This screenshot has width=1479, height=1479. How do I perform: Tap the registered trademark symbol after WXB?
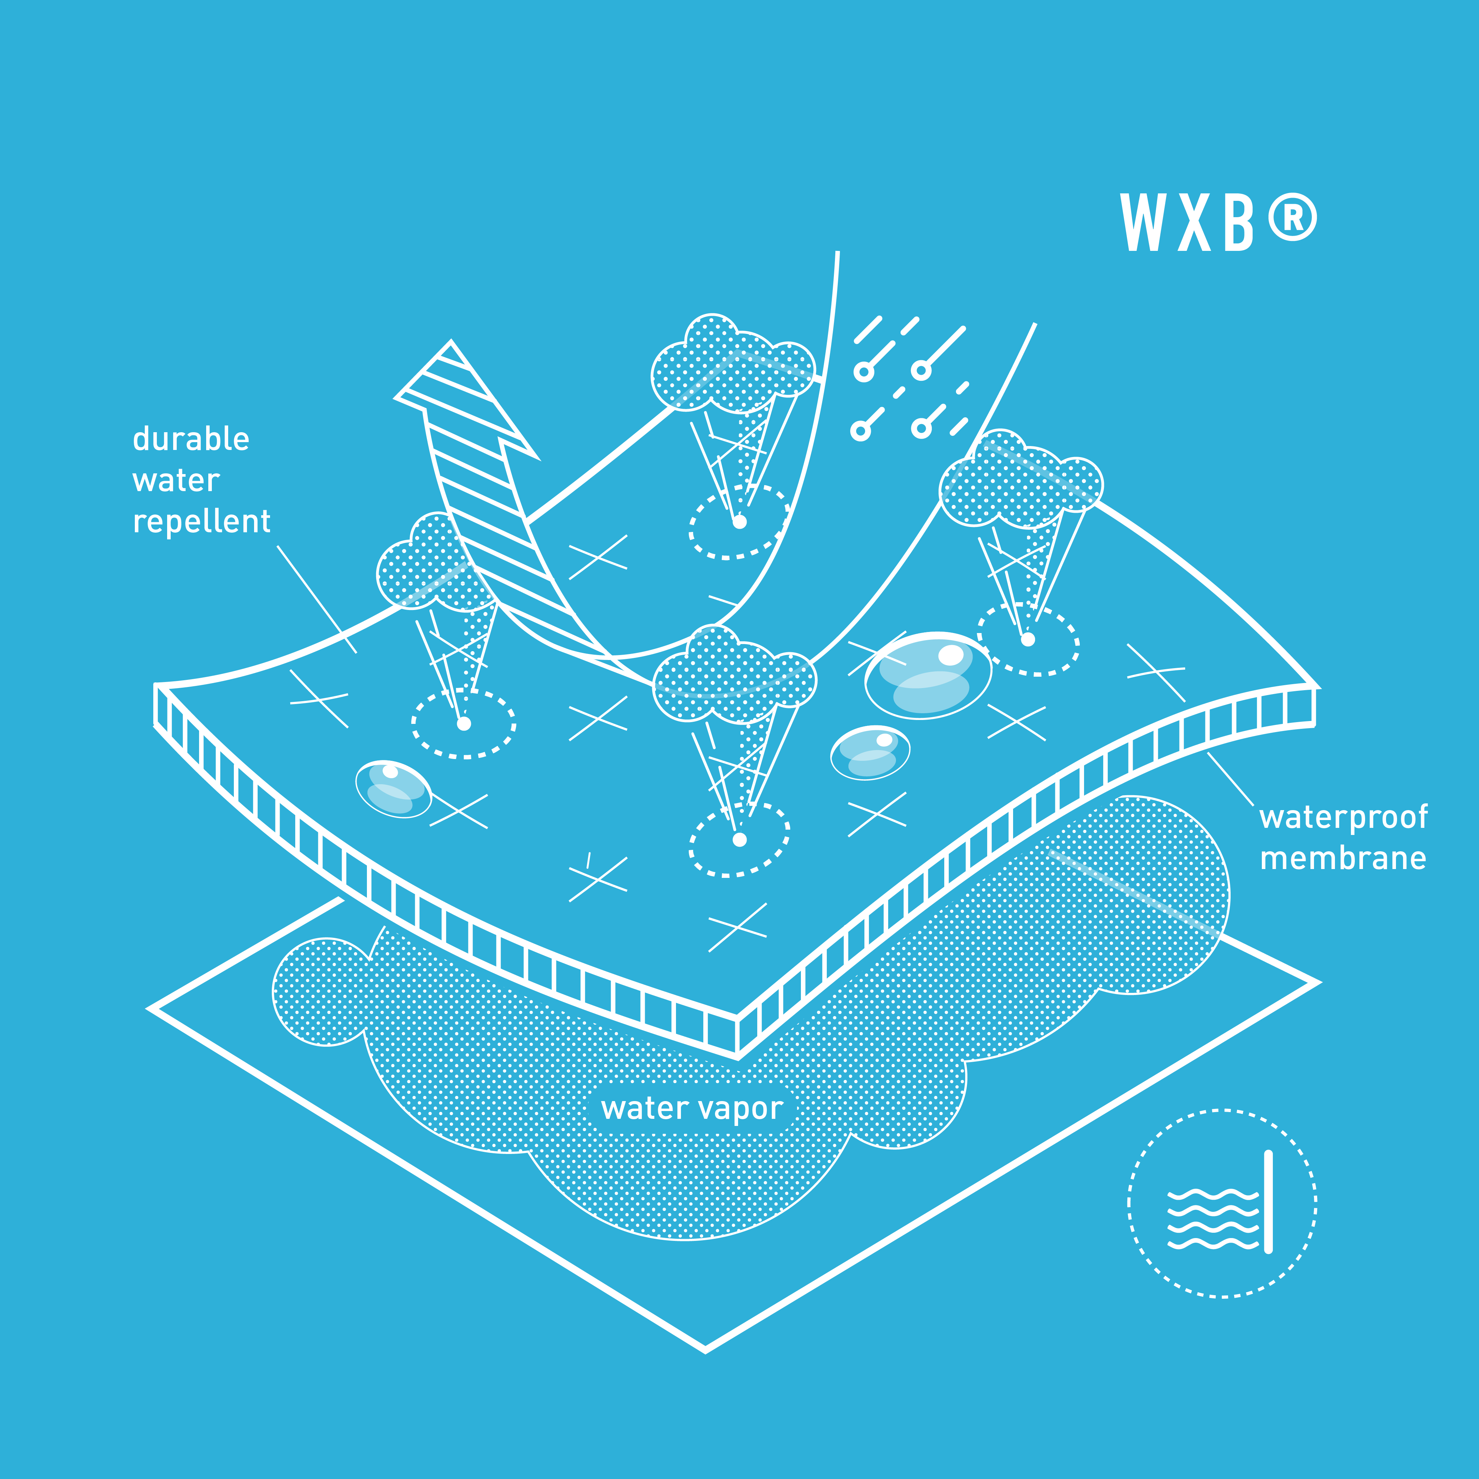1292,218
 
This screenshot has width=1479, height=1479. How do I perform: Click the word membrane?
1343,858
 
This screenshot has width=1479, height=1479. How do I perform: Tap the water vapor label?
692,1108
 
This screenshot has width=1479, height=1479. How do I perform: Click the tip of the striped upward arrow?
451,341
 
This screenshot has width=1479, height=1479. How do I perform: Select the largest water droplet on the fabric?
928,675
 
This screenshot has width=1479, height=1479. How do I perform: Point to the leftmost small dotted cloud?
434,564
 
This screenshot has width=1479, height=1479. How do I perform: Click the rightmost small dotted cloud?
1021,479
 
